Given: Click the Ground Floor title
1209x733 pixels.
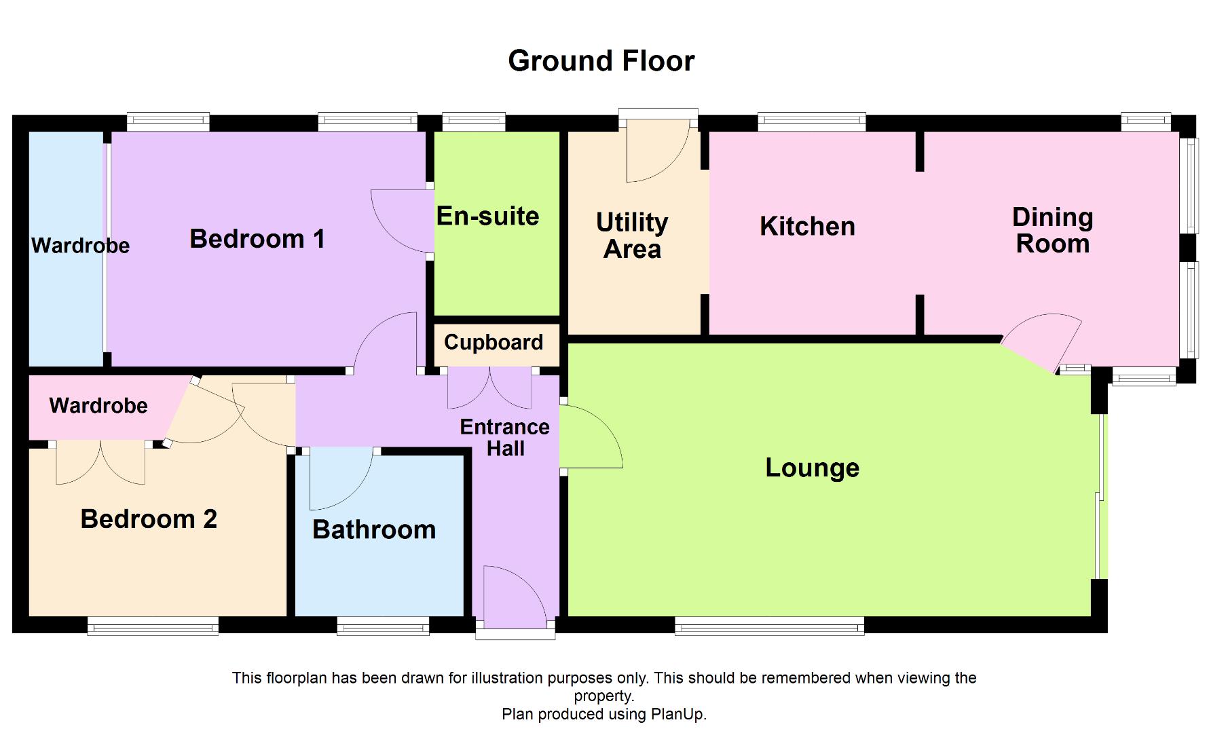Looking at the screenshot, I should (x=601, y=61).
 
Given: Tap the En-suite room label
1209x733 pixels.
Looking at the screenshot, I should (x=487, y=217).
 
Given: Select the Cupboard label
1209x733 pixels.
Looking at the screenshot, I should (x=494, y=342).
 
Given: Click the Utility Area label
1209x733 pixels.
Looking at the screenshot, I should (x=632, y=236).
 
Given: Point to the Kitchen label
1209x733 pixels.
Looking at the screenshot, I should (x=807, y=227).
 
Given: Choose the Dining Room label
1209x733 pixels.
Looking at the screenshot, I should (x=1052, y=231).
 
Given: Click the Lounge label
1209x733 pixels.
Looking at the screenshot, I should (x=812, y=468).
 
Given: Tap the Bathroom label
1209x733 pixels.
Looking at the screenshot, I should (x=374, y=529).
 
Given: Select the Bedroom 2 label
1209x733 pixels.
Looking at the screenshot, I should (x=149, y=519).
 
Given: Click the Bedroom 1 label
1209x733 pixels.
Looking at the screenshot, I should (x=257, y=239).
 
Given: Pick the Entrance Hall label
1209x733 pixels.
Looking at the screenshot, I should (x=505, y=438).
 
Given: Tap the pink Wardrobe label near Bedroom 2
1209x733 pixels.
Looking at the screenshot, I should (x=98, y=406).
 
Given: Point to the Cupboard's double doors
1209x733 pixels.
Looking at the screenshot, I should (x=489, y=388).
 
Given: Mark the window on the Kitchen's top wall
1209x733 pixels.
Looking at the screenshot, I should (x=812, y=122).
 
